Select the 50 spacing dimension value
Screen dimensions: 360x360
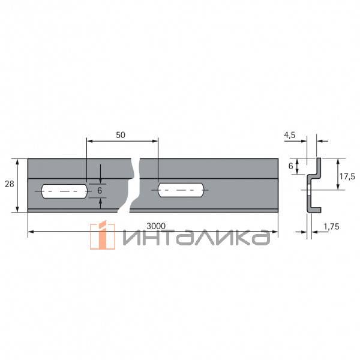[x=120, y=135]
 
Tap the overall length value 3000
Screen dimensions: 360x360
[x=156, y=226]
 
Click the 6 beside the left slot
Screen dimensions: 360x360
[x=100, y=190]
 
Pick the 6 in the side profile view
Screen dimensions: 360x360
[x=291, y=165]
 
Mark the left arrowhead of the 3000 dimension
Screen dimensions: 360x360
[x=30, y=232]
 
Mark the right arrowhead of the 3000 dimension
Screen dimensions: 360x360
[x=276, y=232]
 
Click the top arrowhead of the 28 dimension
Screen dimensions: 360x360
[x=18, y=161]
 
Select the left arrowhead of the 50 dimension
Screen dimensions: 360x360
[x=89, y=141]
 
